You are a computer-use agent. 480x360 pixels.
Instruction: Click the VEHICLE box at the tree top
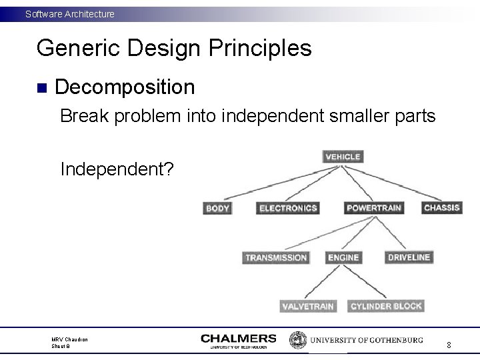coord(343,157)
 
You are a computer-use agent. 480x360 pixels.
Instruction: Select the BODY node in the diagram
coord(218,208)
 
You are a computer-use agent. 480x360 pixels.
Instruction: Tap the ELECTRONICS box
coord(288,208)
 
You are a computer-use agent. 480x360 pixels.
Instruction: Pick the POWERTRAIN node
coord(373,208)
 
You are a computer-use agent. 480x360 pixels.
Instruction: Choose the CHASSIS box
coord(441,207)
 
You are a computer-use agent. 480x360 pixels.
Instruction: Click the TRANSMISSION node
coord(276,257)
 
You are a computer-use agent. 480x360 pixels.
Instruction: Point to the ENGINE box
coord(343,257)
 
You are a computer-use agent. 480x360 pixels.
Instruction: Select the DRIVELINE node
coord(409,257)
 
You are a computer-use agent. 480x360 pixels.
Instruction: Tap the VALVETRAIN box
coord(307,306)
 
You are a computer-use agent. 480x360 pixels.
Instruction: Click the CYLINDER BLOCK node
coord(386,306)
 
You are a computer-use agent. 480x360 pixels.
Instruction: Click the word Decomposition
coord(125,87)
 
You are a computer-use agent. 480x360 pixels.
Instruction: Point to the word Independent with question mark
coord(117,169)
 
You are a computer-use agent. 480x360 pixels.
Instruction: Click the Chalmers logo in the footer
coord(238,341)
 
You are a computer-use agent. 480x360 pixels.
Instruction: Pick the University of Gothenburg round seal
coord(297,340)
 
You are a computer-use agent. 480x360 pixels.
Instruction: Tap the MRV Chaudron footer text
coord(71,340)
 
